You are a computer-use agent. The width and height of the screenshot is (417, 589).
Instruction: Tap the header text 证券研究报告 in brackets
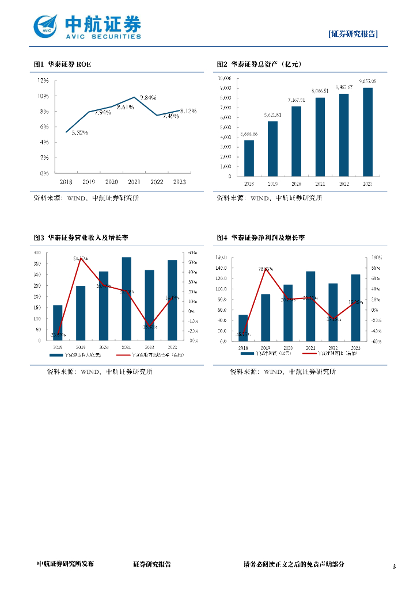(x=354, y=34)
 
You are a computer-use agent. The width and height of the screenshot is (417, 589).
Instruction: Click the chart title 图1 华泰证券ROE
(x=62, y=64)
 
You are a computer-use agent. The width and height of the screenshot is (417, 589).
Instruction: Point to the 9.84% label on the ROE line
(x=148, y=98)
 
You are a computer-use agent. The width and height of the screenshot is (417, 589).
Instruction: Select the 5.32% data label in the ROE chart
(x=80, y=133)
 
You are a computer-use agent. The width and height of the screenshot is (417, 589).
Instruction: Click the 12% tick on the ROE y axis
(x=43, y=80)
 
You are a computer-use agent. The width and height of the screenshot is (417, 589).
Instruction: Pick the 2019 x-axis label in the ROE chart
(x=89, y=182)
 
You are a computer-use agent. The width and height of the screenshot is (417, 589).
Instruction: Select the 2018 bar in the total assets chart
(x=249, y=158)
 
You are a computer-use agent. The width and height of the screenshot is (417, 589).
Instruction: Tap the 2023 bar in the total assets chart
(x=367, y=132)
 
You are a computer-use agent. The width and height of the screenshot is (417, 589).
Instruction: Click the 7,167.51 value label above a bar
(x=296, y=100)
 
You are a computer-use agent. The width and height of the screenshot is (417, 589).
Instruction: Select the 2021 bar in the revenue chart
(x=126, y=299)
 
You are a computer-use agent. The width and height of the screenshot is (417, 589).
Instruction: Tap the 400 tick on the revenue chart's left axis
(x=37, y=253)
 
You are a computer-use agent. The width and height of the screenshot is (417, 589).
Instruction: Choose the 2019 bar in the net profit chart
(x=266, y=318)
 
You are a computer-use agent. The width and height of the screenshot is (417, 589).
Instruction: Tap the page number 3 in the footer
(x=394, y=567)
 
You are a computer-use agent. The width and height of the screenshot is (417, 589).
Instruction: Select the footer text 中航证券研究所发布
(x=65, y=565)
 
